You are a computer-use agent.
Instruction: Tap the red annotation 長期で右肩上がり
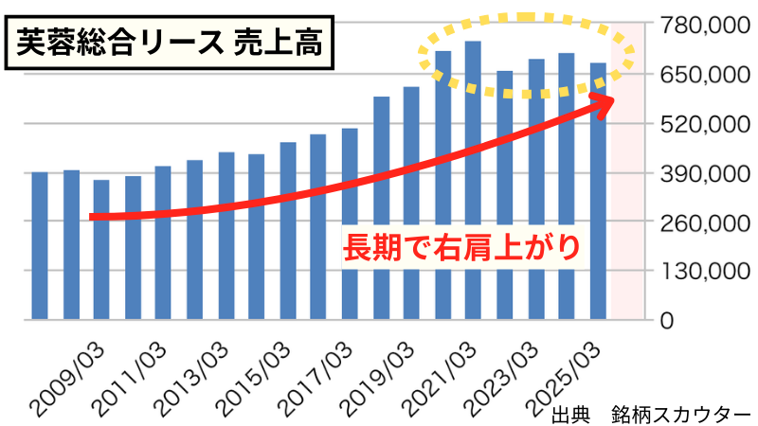[459, 247]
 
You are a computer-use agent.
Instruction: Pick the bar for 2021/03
[474, 180]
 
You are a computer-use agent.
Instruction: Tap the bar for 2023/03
[536, 189]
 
